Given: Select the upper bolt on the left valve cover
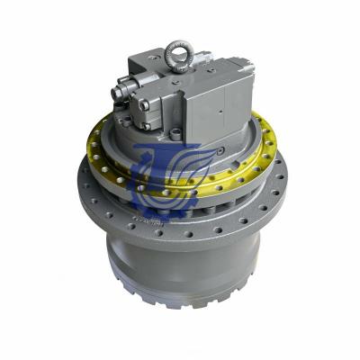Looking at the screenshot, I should (143, 86).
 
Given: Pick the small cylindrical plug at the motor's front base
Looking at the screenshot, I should (176, 135).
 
